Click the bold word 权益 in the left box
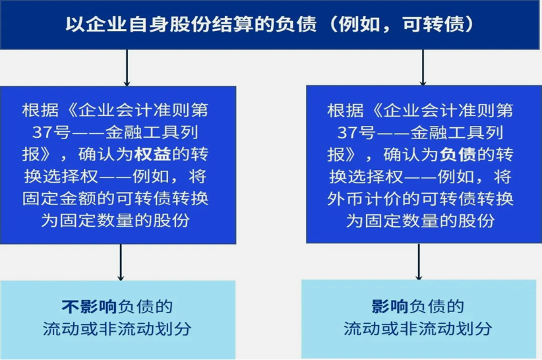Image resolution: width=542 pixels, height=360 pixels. coord(152,154)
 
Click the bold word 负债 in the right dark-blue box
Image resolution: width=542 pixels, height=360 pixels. coord(458,154)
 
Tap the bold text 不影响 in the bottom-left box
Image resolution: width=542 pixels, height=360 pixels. coord(89,307)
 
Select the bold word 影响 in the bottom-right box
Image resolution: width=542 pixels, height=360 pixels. coord(390,306)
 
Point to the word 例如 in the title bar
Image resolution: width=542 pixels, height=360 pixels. coord(359,24)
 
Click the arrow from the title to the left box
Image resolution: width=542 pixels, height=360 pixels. coord(127,68)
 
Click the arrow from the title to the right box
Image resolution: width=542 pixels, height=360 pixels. coord(423,67)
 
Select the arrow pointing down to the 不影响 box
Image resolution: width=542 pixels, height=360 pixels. coord(121,262)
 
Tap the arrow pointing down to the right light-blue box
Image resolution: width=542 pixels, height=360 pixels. coord(419,262)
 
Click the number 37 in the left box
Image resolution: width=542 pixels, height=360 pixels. coord(42,133)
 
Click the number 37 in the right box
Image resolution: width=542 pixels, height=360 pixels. coord(347,133)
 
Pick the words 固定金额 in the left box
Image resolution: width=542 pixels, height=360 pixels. coord(59,198)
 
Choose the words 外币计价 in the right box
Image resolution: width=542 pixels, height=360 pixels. coord(364,198)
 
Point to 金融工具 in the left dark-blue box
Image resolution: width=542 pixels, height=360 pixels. coord(142,133)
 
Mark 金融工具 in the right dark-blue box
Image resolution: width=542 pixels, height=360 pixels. coord(447,133)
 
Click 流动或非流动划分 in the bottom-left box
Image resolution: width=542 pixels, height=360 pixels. coord(117,328)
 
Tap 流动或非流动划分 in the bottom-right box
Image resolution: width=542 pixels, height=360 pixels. coord(417,328)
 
